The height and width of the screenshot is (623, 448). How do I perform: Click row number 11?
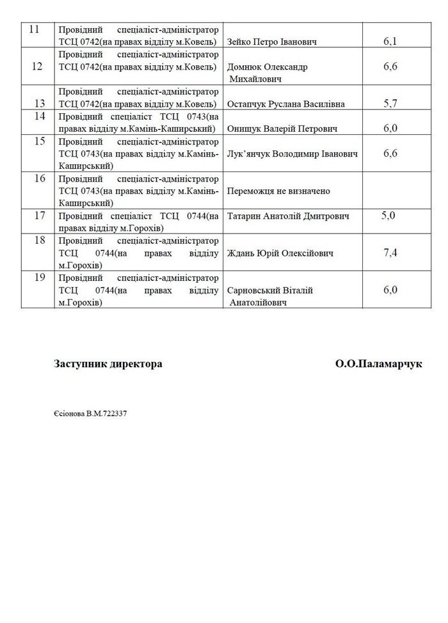click(x=35, y=30)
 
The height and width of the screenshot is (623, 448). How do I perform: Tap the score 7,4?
click(x=390, y=253)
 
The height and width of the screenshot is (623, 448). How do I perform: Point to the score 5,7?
click(x=390, y=103)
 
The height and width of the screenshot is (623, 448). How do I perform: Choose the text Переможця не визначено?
click(x=278, y=191)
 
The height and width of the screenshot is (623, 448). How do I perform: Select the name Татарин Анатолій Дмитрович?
click(x=289, y=217)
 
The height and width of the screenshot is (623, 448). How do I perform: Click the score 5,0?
click(x=388, y=216)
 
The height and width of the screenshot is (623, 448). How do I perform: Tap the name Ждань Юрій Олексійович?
click(x=281, y=253)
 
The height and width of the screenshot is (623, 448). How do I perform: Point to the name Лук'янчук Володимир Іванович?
click(x=292, y=154)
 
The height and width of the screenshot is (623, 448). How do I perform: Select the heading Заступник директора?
click(x=108, y=364)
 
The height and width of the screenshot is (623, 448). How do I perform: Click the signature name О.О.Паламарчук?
click(x=378, y=364)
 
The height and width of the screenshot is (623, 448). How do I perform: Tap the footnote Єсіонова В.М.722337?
click(x=90, y=413)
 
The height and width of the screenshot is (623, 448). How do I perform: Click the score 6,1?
click(x=390, y=42)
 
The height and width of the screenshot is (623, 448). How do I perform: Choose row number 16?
click(x=38, y=178)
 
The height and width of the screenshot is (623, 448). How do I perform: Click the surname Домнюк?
click(x=246, y=67)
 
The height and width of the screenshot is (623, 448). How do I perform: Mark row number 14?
click(x=38, y=116)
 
